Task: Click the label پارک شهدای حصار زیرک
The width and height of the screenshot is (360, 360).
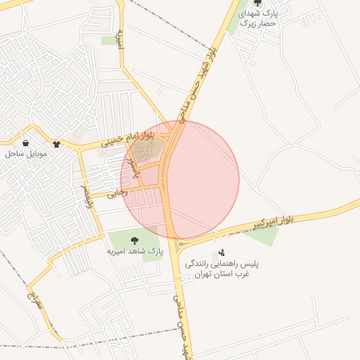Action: point(259,18)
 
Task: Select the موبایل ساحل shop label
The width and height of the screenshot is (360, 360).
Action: point(25,153)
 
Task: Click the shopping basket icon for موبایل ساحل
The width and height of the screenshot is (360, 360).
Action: point(26,143)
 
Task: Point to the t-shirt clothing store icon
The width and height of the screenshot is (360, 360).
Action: point(56,144)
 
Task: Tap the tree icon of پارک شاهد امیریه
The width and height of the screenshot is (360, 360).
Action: point(134,240)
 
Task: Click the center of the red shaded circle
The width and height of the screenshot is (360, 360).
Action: point(180,180)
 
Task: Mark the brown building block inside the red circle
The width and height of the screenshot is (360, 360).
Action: point(145,150)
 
